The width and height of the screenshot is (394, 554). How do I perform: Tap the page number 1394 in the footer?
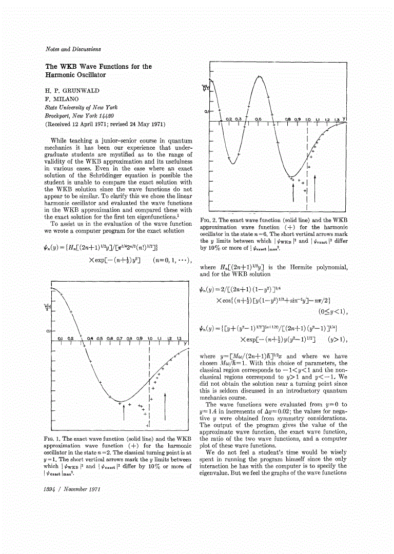[x=53, y=489]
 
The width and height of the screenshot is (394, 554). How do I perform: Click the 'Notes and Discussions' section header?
[x=73, y=49]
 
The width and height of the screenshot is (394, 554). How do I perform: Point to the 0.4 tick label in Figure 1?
[x=93, y=339]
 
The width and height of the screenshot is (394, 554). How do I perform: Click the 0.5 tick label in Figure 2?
[x=259, y=118]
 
